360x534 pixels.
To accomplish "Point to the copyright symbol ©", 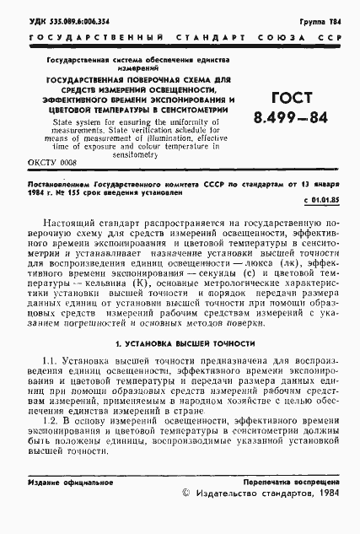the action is [x=188, y=498].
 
